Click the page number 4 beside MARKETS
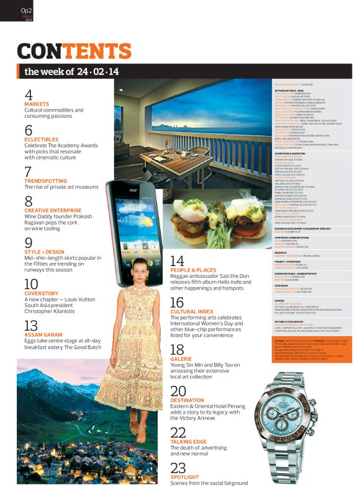[29, 95]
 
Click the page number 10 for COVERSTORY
[31, 285]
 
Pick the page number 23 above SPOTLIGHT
[178, 468]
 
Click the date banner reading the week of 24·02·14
[71, 71]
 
